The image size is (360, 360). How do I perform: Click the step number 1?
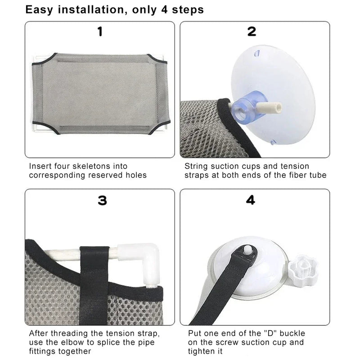[x=100, y=31]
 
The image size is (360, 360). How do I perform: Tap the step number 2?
[x=252, y=31]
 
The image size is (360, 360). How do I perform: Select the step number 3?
[x=103, y=200]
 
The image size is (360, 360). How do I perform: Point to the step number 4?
[x=251, y=200]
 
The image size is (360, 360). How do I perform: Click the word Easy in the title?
[x=39, y=10]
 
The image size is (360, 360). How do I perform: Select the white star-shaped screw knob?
[x=303, y=266]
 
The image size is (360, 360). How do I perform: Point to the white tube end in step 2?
[x=269, y=107]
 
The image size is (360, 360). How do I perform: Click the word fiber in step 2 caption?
[x=297, y=175]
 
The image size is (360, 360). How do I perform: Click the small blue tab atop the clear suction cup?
[x=256, y=54]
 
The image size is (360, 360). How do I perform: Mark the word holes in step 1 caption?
[x=136, y=175]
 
